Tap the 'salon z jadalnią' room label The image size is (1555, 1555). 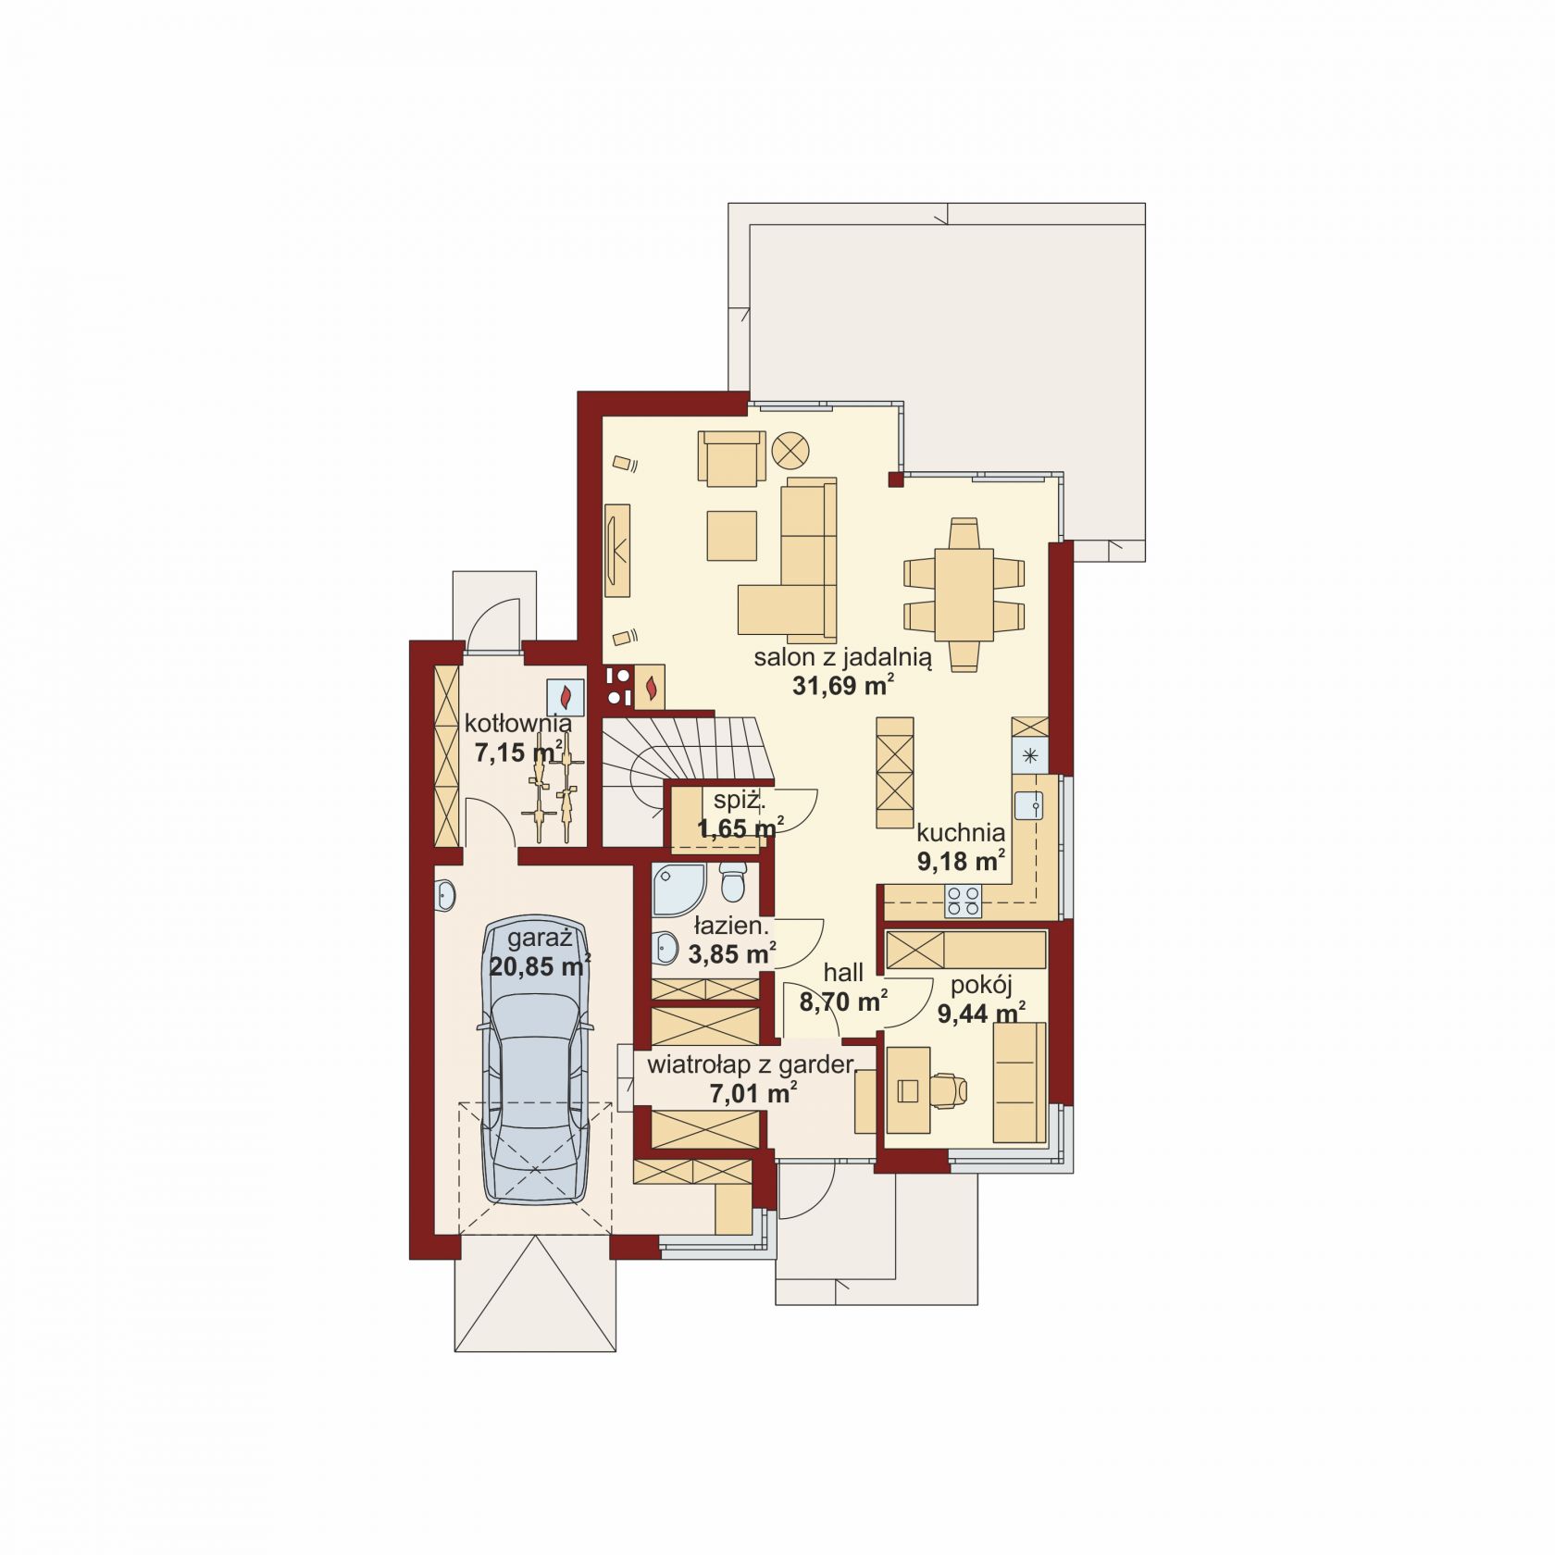point(842,658)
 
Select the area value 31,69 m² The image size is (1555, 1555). point(842,685)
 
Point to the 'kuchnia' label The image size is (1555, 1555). point(961,832)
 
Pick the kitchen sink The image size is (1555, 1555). point(1028,806)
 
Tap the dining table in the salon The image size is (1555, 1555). point(964,593)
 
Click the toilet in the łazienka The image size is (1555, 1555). point(732,881)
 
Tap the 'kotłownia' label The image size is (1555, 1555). point(517,723)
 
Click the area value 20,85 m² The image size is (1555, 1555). point(540,966)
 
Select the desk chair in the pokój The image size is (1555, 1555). point(949,1090)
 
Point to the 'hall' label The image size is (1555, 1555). point(843,972)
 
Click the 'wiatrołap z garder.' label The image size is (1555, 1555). point(752,1064)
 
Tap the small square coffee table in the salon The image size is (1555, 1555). point(732,536)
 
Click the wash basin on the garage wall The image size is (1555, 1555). point(445,895)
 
